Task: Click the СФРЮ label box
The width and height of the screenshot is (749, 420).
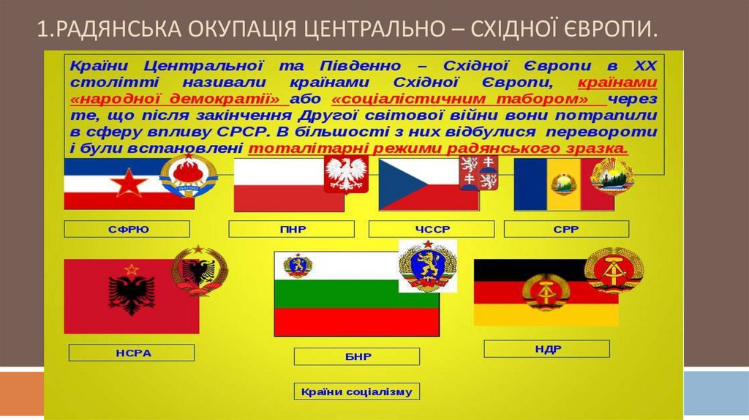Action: [x=127, y=229]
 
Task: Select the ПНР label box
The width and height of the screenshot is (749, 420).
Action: [x=292, y=229]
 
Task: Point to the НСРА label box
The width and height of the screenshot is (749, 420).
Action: [x=132, y=353]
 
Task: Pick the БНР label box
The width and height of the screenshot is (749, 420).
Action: [x=357, y=356]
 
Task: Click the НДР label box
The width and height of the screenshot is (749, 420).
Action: [x=548, y=349]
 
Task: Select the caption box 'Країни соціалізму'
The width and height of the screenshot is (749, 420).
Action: [x=357, y=391]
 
